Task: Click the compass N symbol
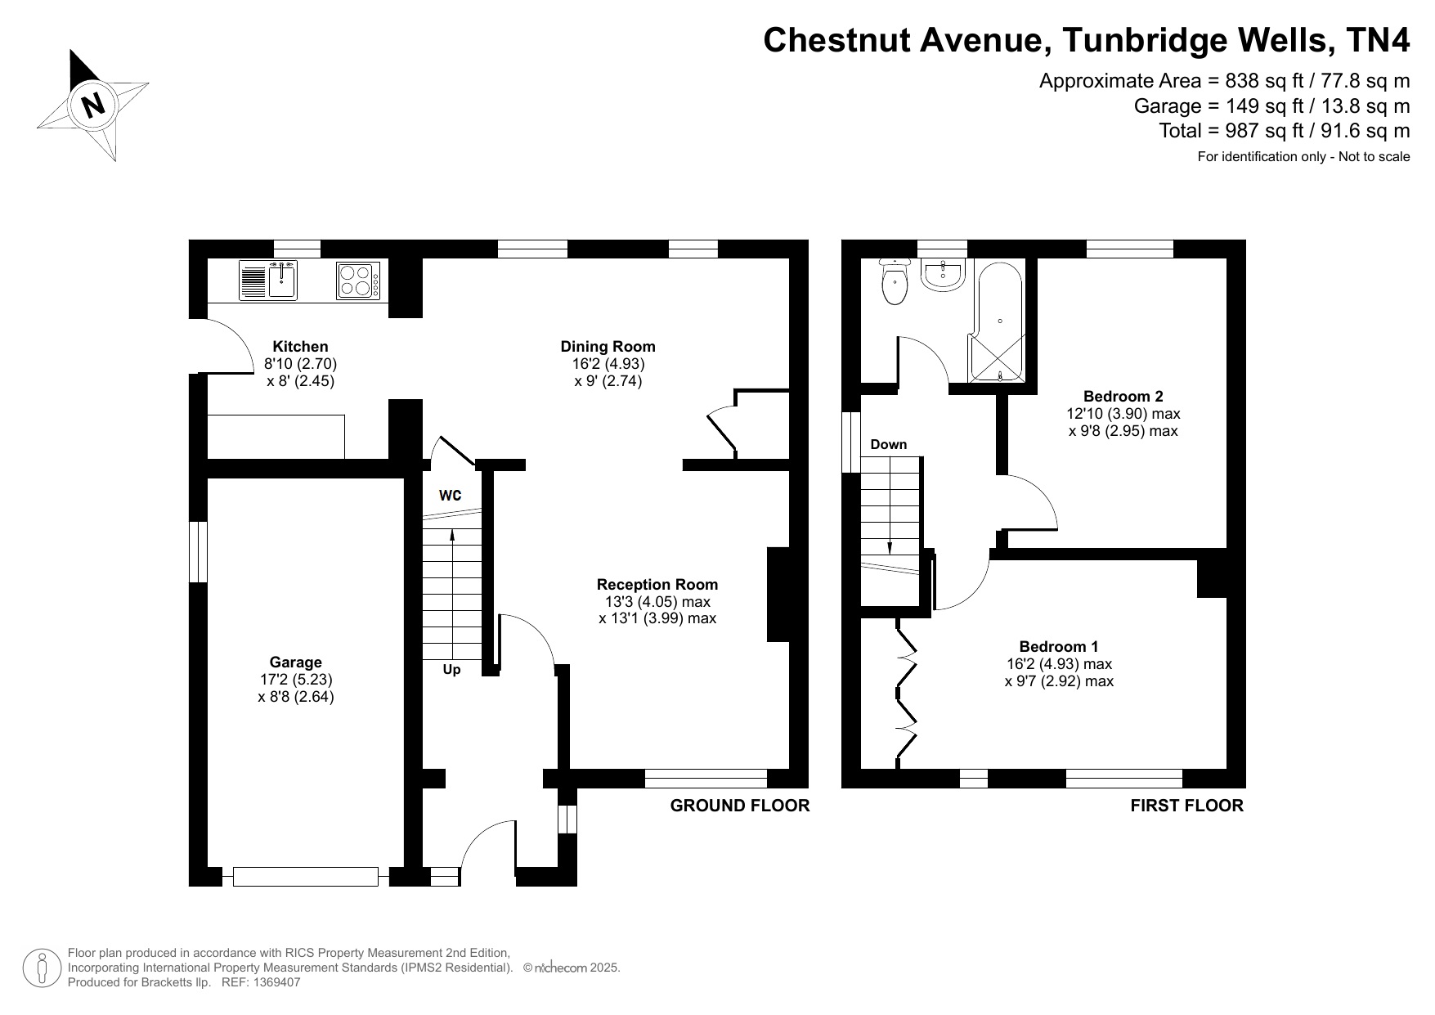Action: [x=94, y=104]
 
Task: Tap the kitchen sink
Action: [x=282, y=280]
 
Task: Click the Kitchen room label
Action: [x=300, y=347]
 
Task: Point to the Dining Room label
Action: [x=608, y=347]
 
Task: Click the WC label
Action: [x=451, y=496]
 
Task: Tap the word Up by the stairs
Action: [x=451, y=670]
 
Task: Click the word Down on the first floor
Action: [x=888, y=445]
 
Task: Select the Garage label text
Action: [x=296, y=662]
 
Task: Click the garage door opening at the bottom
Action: [x=306, y=877]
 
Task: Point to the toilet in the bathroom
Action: [x=895, y=283]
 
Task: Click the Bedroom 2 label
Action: [x=1123, y=397]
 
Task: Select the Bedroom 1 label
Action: [x=1059, y=647]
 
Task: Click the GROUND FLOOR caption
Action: [x=739, y=806]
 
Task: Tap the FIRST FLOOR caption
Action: [x=1186, y=806]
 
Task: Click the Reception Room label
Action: [x=657, y=585]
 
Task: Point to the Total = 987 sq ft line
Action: [x=1284, y=131]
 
